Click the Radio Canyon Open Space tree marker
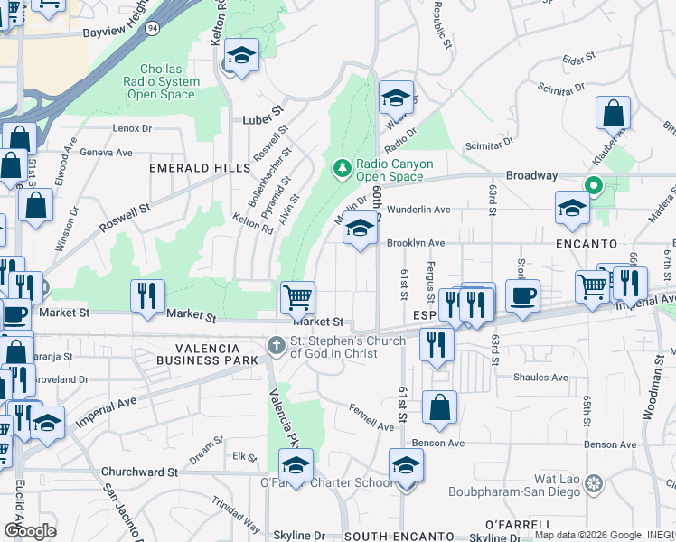coord(342,168)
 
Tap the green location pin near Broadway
coord(594,187)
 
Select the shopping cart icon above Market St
coord(297,296)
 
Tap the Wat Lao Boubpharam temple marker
coord(593,484)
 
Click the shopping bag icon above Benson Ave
coord(439,406)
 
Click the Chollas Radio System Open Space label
coord(167,82)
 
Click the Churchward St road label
coord(139,472)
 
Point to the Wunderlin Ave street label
coord(418,210)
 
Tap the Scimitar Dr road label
coord(488,145)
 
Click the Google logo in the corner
coord(30,531)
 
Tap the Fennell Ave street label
coord(372,417)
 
